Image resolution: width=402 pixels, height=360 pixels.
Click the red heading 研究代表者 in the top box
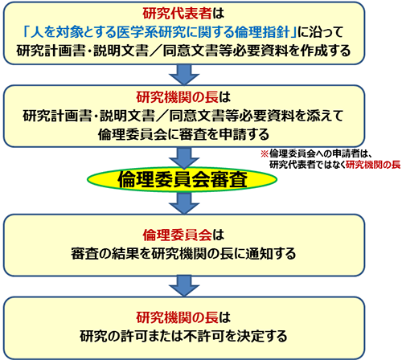177,14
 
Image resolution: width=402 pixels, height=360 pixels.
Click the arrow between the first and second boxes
184,75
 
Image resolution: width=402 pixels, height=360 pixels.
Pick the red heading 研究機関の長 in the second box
178,97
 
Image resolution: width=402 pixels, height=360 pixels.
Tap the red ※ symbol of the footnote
265,153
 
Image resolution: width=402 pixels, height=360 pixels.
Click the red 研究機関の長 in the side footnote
373,165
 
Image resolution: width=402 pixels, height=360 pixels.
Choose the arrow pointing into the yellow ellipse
184,158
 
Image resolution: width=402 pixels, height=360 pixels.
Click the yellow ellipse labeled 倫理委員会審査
182,179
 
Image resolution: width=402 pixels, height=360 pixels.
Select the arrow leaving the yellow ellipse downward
184,203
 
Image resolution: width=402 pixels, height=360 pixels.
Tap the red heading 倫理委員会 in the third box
177,235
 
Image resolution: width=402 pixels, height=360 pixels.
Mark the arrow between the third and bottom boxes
184,286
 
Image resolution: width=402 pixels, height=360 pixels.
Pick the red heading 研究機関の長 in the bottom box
178,317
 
